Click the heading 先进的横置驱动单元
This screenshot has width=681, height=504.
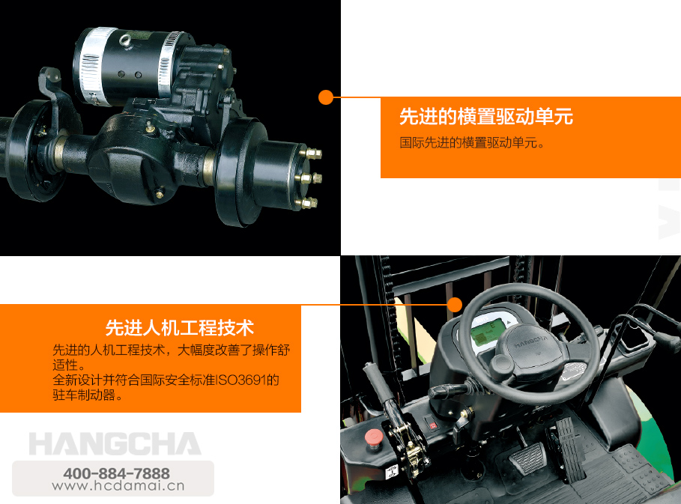486,116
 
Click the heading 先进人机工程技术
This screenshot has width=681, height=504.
179,328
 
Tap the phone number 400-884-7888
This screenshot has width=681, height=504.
116,473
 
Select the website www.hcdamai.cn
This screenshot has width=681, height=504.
118,486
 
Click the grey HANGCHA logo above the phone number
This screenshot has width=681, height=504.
115,443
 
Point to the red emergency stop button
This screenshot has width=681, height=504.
373,437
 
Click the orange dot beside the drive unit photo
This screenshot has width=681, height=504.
326,97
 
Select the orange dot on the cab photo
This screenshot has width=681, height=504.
455,304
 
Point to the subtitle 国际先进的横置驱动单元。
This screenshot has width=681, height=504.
472,142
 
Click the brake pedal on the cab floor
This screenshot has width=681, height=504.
527,459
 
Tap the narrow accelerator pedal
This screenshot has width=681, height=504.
570,447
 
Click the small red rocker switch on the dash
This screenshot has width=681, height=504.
432,425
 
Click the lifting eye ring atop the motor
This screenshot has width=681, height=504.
127,40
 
